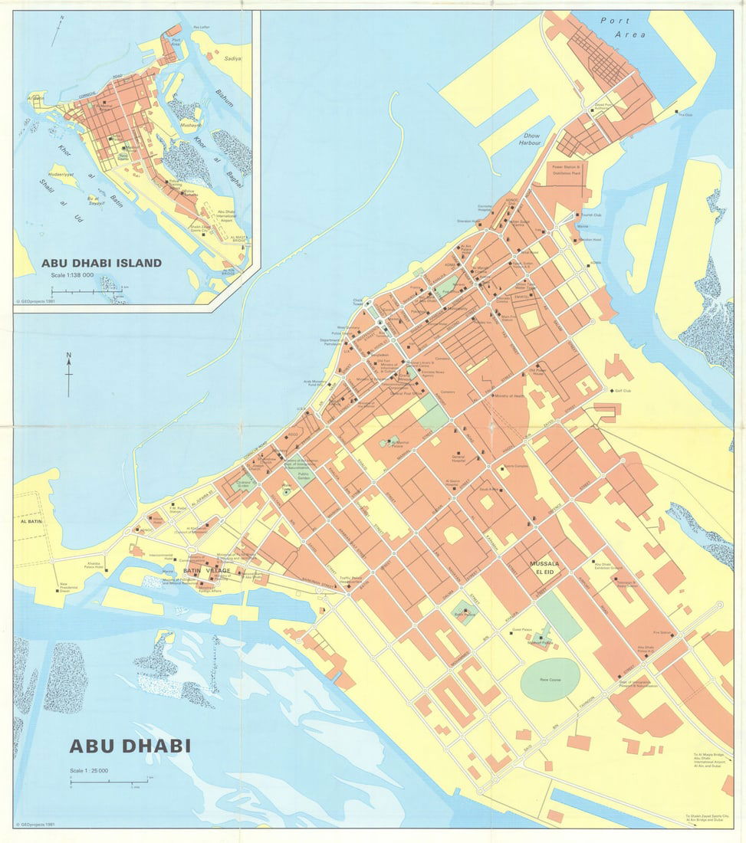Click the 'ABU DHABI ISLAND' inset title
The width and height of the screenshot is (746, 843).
click(x=101, y=263)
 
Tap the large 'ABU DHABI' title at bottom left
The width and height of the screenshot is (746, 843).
click(x=130, y=746)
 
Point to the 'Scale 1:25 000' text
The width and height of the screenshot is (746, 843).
click(x=89, y=770)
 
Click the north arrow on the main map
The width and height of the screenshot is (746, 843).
click(x=68, y=374)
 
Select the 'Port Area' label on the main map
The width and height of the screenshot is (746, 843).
click(x=623, y=28)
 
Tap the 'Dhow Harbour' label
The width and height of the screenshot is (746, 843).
click(x=529, y=139)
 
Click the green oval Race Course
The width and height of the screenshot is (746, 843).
click(x=550, y=679)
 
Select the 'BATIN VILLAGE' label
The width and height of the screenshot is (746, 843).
click(x=206, y=571)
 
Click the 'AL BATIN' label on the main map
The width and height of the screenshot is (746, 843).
click(x=28, y=520)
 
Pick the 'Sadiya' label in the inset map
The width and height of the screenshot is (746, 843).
click(x=232, y=58)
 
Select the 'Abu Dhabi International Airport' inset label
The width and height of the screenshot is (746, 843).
click(x=229, y=217)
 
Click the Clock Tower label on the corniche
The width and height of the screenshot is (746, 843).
click(x=358, y=303)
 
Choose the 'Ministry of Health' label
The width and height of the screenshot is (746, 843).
click(x=508, y=396)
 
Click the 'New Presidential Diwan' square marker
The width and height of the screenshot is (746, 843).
click(x=58, y=591)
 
